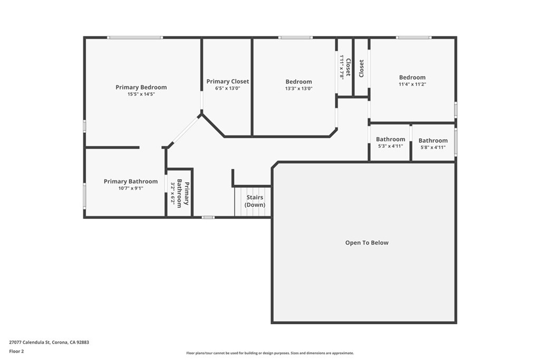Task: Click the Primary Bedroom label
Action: [x=141, y=87]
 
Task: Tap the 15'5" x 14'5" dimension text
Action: [x=141, y=94]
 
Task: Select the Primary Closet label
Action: [x=228, y=82]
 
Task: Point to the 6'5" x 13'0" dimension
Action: [x=228, y=88]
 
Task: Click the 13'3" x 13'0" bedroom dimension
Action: [x=298, y=89]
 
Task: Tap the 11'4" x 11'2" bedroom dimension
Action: [x=412, y=84]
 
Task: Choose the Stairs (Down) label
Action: [x=255, y=201]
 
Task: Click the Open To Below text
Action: [x=367, y=242]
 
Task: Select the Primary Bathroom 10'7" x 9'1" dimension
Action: [x=131, y=188]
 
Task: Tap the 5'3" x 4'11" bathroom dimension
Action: [x=391, y=146]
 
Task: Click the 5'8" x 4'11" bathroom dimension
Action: [x=433, y=147]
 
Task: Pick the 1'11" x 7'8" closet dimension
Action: [x=342, y=67]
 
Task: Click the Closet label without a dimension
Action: [x=361, y=69]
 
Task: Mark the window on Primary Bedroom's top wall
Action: [x=134, y=37]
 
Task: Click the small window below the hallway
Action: [x=208, y=217]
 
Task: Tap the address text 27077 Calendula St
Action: [x=30, y=343]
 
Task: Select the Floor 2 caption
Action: [x=16, y=352]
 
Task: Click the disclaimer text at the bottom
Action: [x=270, y=353]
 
